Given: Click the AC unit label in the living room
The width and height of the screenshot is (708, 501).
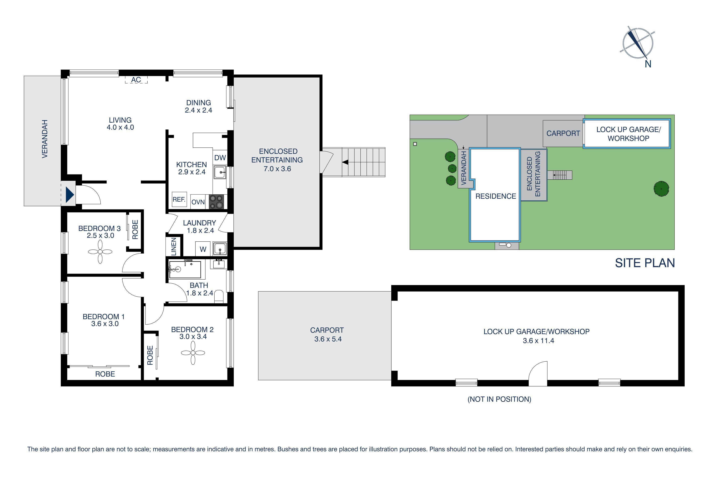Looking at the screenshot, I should point(136,80).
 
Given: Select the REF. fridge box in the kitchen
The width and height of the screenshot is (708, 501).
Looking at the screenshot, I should point(179,200).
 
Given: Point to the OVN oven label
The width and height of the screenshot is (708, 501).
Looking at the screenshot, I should point(198,202).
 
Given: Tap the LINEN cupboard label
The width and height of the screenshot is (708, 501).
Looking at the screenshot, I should point(174,246).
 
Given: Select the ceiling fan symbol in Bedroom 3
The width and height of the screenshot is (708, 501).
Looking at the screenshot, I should point(100,252).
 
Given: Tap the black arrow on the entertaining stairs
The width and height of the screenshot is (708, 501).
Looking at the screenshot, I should point(345,162).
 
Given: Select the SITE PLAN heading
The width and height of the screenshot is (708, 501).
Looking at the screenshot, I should point(645,263).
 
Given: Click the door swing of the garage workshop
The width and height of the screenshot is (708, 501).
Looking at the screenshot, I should point(538,374).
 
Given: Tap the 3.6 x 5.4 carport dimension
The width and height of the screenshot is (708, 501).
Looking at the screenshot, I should point(328,339).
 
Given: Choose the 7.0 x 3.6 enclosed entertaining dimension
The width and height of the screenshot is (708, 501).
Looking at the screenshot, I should point(277,169).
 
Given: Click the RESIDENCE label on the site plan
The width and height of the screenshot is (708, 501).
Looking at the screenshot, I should point(496,196).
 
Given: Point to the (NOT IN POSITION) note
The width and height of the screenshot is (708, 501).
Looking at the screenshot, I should point(499,399).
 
